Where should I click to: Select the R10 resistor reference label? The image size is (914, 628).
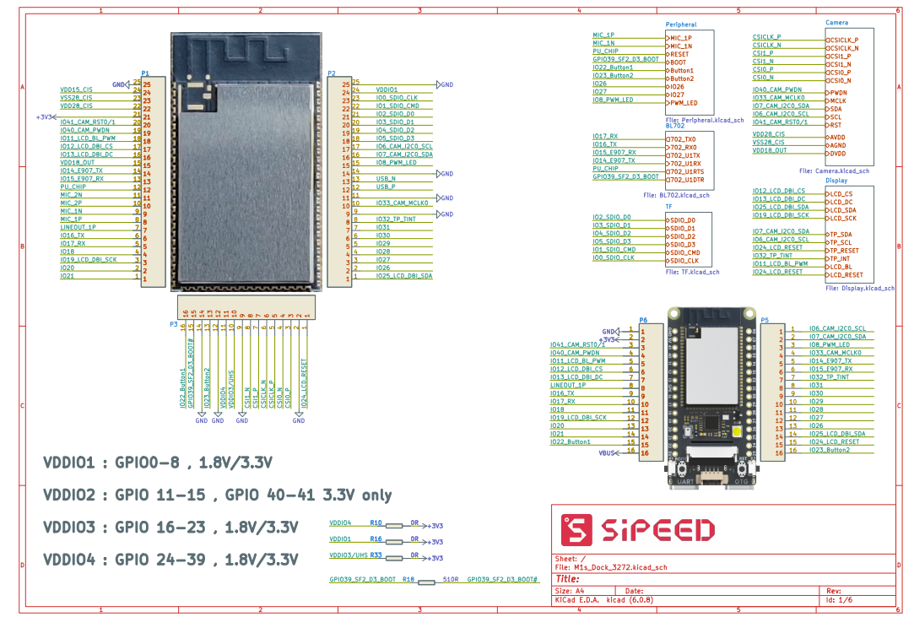pyautogui.click(x=376, y=523)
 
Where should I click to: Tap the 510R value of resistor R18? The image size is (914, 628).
pyautogui.click(x=452, y=581)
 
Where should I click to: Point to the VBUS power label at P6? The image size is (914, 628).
pyautogui.click(x=607, y=453)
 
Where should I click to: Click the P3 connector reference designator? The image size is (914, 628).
pyautogui.click(x=173, y=324)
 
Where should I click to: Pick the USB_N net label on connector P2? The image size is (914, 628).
pyautogui.click(x=386, y=178)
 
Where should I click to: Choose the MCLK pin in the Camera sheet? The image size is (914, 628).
pyautogui.click(x=838, y=100)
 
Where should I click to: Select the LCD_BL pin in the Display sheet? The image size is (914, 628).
pyautogui.click(x=841, y=267)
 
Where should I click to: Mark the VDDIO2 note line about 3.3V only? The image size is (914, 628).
pyautogui.click(x=218, y=495)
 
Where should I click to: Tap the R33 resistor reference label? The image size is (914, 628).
pyautogui.click(x=376, y=556)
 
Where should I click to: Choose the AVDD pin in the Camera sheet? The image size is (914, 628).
pyautogui.click(x=837, y=137)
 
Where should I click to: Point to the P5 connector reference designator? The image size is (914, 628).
pyautogui.click(x=764, y=320)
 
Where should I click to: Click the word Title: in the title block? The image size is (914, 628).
pyautogui.click(x=568, y=579)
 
